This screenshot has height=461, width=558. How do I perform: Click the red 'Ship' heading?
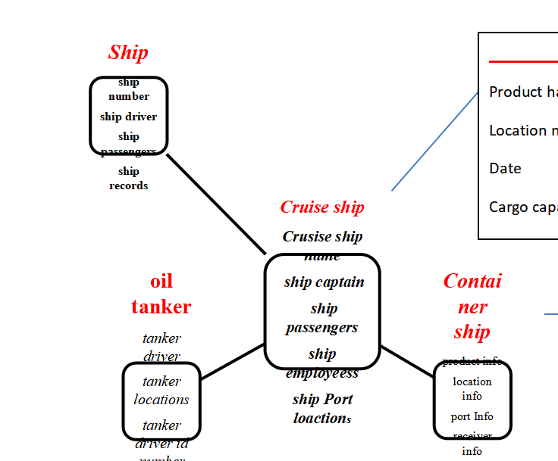(128, 52)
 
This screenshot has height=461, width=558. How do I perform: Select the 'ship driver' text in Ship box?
(128, 117)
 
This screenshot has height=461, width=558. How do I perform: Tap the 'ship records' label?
(128, 179)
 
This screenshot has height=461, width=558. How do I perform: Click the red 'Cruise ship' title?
(322, 207)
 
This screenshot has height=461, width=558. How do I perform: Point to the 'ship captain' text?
(324, 282)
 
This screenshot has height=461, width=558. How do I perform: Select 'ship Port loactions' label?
(322, 408)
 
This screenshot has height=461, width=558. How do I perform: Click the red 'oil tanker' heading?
(161, 294)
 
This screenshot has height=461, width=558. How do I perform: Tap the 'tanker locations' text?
(161, 390)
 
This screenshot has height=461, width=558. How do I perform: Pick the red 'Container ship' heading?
(472, 306)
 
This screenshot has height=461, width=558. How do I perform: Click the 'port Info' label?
(472, 416)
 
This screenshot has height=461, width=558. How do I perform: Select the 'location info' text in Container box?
(472, 388)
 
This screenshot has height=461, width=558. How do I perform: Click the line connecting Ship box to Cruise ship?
(216, 204)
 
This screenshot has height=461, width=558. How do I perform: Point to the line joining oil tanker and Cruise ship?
(232, 361)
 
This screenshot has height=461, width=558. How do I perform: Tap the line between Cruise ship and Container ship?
(407, 361)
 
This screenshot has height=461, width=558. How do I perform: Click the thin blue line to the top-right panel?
(434, 142)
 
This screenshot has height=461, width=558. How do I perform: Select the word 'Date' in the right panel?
(505, 168)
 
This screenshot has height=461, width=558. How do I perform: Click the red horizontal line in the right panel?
(523, 61)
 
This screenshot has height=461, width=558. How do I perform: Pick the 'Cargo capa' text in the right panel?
(523, 207)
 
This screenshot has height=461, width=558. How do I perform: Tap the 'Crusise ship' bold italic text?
(322, 237)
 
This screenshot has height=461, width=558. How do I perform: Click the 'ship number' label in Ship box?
(128, 89)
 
